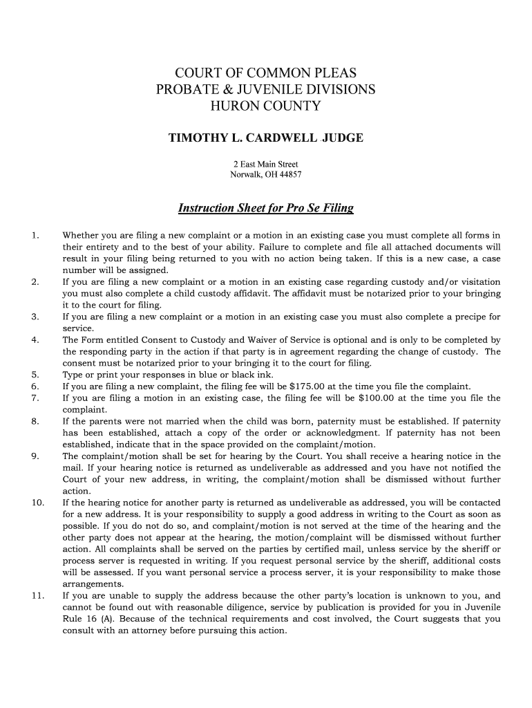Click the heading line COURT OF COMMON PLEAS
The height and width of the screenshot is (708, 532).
click(x=266, y=73)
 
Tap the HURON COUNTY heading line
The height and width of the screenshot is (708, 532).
click(x=266, y=106)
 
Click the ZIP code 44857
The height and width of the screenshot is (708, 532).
click(x=289, y=175)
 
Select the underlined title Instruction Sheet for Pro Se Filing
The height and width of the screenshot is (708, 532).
click(x=266, y=208)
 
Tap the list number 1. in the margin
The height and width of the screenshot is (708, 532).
click(x=35, y=236)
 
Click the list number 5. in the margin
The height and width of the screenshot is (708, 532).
click(x=35, y=375)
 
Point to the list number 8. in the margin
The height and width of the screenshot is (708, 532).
click(x=35, y=421)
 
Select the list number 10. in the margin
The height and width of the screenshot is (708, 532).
click(x=37, y=502)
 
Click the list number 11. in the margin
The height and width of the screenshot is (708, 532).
click(x=37, y=595)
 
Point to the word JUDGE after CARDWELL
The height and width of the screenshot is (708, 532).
click(x=343, y=138)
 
